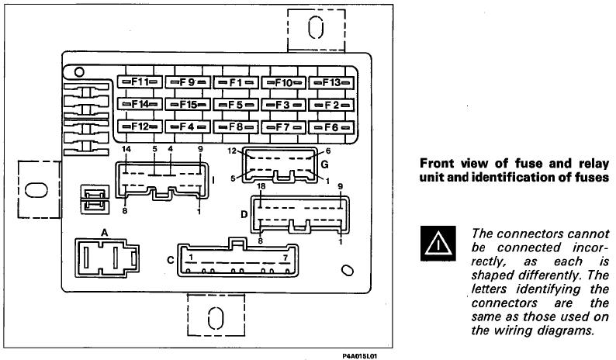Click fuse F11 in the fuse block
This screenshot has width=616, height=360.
coord(140,81)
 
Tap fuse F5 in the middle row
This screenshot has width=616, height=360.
coord(236,103)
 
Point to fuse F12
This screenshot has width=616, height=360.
coord(140,125)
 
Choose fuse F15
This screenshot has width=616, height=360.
coord(189,103)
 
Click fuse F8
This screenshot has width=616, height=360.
coord(236,125)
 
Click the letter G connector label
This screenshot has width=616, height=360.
coord(324,164)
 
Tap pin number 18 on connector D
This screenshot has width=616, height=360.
coord(261,187)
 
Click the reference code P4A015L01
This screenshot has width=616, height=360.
coord(360,353)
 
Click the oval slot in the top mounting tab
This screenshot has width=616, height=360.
coord(315,28)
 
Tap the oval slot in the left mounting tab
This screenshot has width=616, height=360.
coord(35,189)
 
